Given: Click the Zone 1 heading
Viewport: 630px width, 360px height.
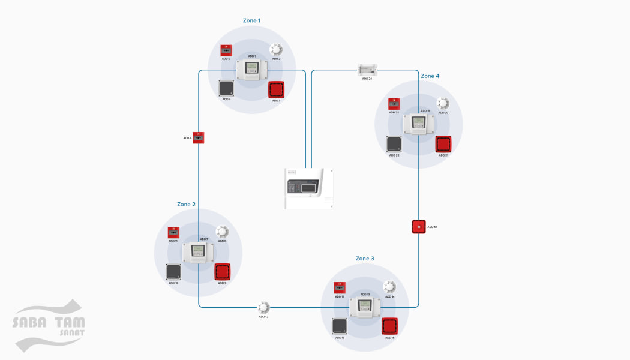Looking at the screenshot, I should pos(251,20).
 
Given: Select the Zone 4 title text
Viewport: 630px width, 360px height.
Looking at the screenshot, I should pos(430,76).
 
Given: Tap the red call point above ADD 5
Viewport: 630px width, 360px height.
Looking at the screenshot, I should pos(226,50).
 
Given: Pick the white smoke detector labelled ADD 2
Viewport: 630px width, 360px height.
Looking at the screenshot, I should pos(276,49).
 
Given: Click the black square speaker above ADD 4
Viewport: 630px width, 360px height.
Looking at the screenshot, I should pos(226,89).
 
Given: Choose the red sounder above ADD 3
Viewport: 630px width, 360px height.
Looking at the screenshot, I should pos(276,90).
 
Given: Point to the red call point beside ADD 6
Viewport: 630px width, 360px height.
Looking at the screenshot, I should pos(199,137).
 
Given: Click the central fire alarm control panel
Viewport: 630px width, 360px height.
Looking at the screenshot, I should pos(309,188).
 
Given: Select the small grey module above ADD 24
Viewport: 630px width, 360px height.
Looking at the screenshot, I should pos(367,70).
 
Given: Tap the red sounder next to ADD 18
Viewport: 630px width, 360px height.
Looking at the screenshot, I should pos(419,227).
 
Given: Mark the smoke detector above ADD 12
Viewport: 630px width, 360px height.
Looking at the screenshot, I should pos(263,307).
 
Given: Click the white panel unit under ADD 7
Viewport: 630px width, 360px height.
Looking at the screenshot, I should pos(198,253).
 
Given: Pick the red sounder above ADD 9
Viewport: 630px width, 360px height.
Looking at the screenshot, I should pos(223,272).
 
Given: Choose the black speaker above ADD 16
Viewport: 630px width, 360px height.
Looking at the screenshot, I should pos(173,272).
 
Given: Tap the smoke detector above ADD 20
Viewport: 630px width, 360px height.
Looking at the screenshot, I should pos(443,104).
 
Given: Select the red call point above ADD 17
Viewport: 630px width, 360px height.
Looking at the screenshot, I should pos(340,287).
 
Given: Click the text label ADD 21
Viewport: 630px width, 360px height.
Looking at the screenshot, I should pos(443,155).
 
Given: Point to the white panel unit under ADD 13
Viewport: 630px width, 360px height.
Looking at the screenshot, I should pos(365,308).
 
